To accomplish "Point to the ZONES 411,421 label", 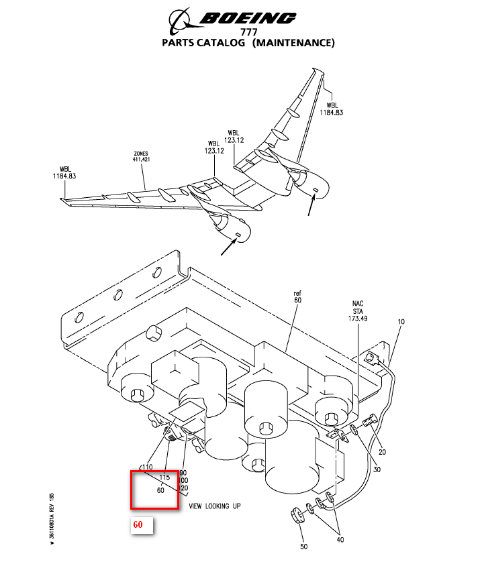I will pos(140,156).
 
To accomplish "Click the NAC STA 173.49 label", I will pos(358,311).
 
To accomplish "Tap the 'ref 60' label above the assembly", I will pos(298,297).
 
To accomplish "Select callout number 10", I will pos(401,322).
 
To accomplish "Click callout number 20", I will pos(382,451).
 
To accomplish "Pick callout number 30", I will pos(377,469).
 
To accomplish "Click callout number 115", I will pos(165,477).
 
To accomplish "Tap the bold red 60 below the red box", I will pos(138,524).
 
